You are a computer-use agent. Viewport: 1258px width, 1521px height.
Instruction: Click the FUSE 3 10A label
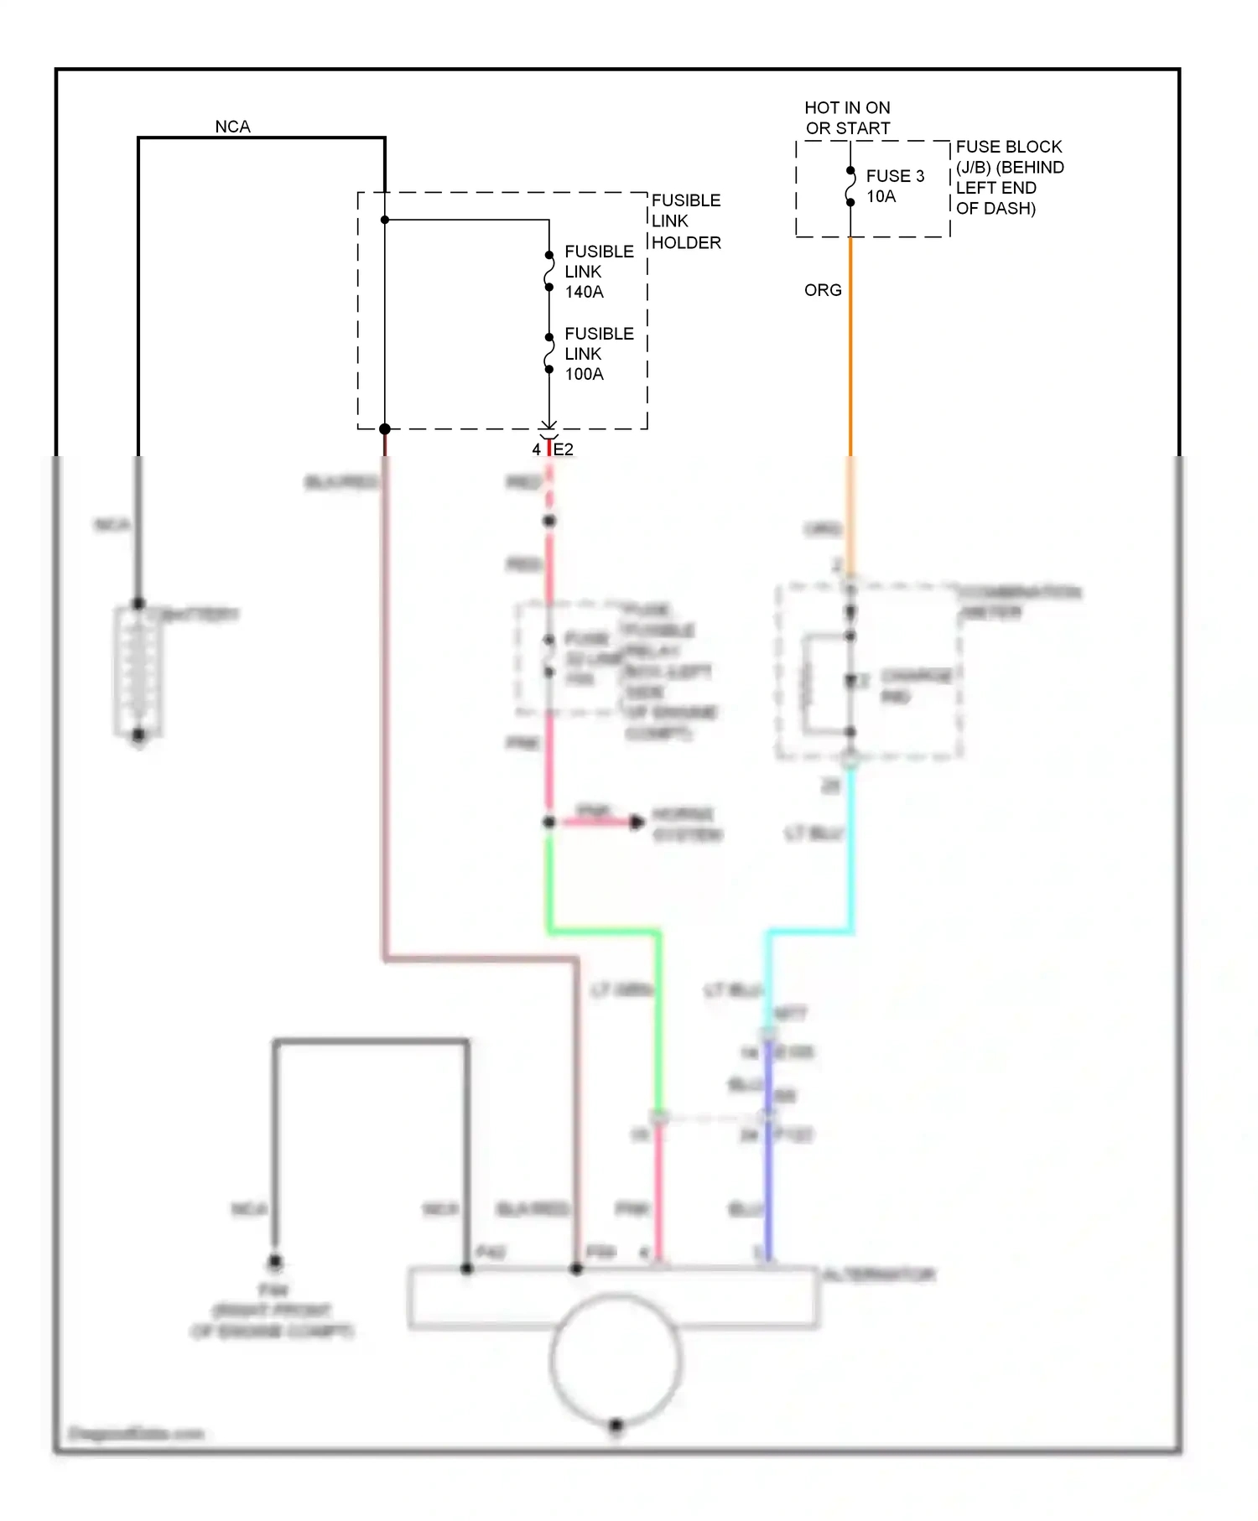[894, 185]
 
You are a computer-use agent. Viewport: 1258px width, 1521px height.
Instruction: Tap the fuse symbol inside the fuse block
[850, 186]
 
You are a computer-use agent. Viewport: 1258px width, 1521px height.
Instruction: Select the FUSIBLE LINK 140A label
[598, 271]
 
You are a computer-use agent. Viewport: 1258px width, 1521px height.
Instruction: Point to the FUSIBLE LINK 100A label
[598, 353]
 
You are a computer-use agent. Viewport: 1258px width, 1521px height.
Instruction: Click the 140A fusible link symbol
[549, 271]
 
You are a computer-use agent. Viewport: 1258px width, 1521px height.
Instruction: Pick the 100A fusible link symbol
[549, 353]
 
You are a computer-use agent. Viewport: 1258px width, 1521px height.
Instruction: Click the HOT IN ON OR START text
[847, 117]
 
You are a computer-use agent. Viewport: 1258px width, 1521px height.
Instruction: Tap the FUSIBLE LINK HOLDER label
[685, 221]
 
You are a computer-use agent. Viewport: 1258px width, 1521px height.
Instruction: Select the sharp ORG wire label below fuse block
[822, 290]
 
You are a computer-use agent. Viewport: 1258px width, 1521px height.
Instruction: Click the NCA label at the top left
[232, 127]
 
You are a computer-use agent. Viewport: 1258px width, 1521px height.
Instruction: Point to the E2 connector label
[564, 449]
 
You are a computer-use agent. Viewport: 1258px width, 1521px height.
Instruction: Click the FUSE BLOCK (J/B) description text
[1009, 177]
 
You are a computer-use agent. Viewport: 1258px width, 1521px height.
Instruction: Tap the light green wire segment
[604, 931]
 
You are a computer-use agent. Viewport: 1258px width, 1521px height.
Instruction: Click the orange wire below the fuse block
[850, 352]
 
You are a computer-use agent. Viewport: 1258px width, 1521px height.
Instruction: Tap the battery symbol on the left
[138, 671]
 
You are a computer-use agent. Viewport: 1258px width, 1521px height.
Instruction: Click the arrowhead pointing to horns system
[637, 823]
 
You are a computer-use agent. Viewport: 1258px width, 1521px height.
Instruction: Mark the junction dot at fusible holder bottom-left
[385, 429]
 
